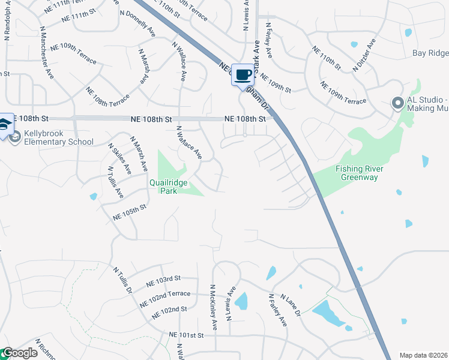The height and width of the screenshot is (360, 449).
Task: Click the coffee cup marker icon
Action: (243, 74)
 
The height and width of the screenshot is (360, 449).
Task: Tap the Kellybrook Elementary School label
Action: (59, 137)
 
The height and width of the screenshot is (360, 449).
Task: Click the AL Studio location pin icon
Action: (397, 103)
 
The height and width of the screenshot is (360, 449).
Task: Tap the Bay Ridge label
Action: (430, 53)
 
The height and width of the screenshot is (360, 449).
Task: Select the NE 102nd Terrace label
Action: (169, 295)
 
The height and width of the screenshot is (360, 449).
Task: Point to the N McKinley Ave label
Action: (214, 307)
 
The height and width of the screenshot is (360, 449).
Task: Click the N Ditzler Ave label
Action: (364, 55)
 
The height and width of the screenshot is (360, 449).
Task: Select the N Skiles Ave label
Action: (119, 159)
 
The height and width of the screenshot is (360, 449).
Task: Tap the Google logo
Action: (19, 353)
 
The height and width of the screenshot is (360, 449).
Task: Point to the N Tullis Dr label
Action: (122, 280)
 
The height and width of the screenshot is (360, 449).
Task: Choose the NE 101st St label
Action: (187, 335)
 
